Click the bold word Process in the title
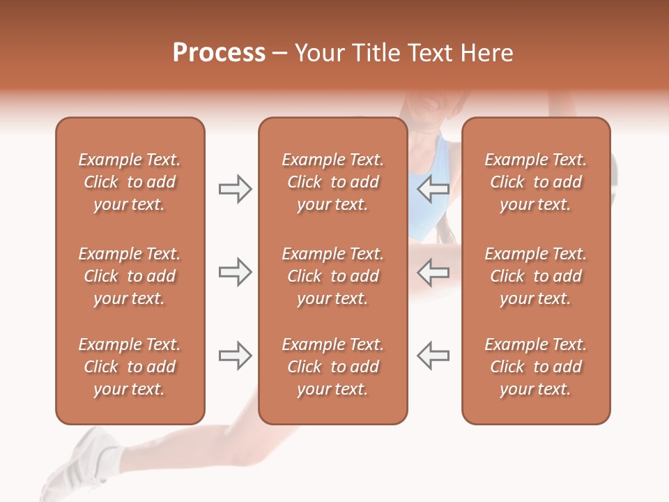coord(219,53)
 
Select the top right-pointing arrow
coord(235,189)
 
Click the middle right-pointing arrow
coord(235,272)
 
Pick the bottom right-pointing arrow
coord(235,356)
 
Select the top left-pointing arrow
coord(433,189)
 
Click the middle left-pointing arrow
coord(433,272)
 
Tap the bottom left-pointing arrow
coord(433,356)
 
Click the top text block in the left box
coord(130,182)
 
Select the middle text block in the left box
coord(130,276)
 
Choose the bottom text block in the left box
coord(130,367)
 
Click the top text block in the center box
coord(332,182)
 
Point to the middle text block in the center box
coord(332,276)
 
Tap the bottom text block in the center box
coord(332,367)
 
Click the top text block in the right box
coord(535,182)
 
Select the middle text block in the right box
coord(535,276)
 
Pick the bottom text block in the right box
coord(535,367)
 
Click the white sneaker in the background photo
coord(80,464)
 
